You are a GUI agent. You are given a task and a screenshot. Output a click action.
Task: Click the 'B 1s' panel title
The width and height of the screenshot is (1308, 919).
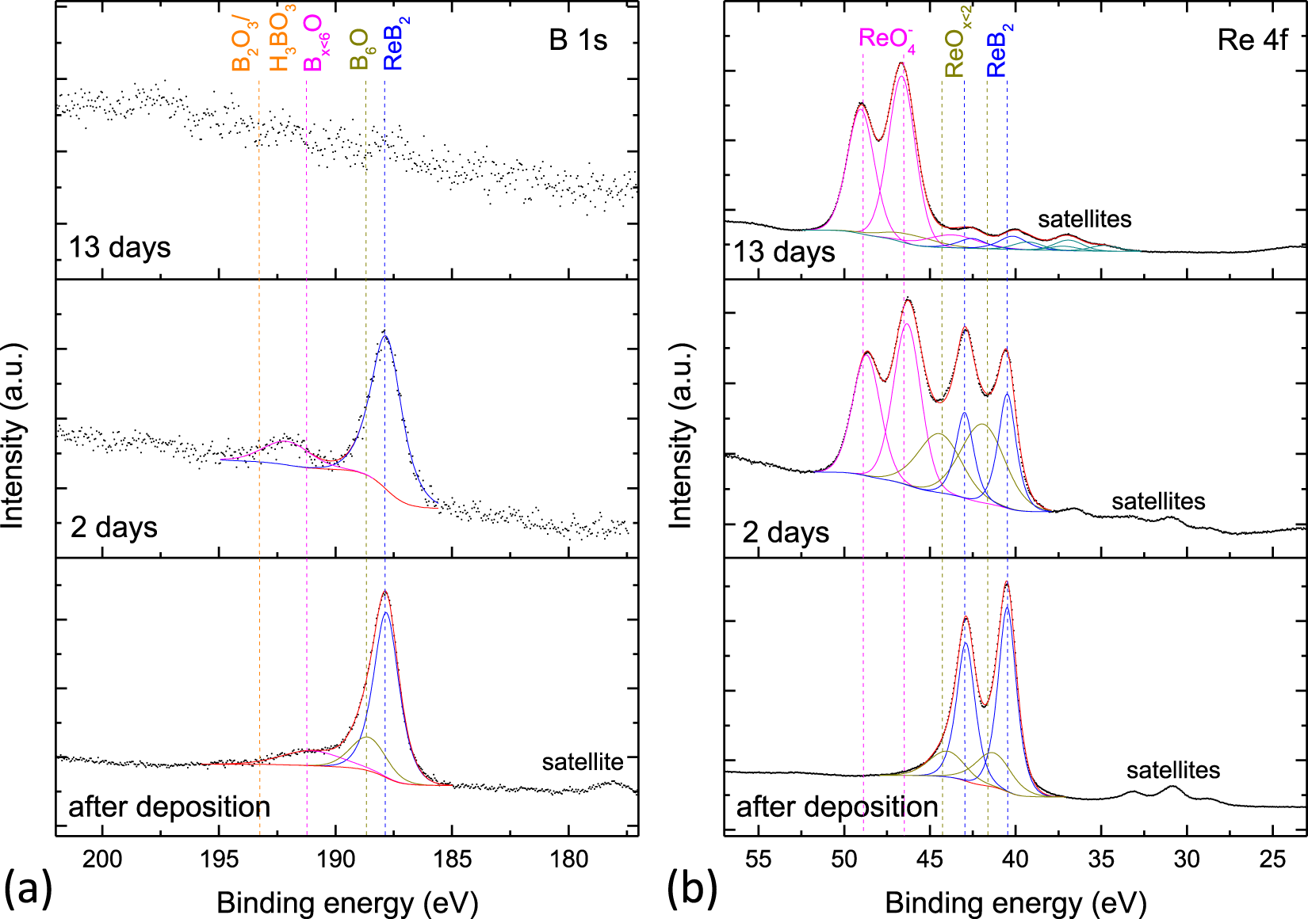578,40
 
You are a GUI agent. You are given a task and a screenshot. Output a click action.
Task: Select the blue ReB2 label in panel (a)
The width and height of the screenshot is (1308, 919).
396,44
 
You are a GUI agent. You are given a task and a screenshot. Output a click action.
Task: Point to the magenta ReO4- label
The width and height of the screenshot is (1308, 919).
886,40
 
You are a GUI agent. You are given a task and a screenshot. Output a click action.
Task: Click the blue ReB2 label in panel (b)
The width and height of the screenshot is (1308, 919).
999,50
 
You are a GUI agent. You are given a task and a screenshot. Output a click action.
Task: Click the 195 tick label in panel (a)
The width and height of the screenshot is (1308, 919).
218,859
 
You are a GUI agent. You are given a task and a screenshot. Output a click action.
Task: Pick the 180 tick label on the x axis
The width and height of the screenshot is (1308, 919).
568,859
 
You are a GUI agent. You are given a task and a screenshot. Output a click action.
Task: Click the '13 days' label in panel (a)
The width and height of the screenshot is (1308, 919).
120,247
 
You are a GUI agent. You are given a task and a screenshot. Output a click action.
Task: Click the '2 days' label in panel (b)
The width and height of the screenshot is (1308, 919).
785,532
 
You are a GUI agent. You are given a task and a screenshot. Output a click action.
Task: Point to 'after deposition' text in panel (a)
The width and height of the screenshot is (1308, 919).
169,807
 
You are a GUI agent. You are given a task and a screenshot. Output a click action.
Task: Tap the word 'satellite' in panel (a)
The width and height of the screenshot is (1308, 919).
582,762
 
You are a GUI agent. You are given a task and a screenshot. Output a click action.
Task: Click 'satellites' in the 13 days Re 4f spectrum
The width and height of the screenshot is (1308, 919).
1084,219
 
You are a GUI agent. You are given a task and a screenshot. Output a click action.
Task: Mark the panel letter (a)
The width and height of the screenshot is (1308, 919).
28,887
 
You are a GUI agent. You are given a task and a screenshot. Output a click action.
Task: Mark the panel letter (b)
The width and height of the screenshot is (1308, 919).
691,887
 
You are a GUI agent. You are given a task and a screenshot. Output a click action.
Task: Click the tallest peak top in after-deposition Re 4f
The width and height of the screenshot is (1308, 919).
1007,584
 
